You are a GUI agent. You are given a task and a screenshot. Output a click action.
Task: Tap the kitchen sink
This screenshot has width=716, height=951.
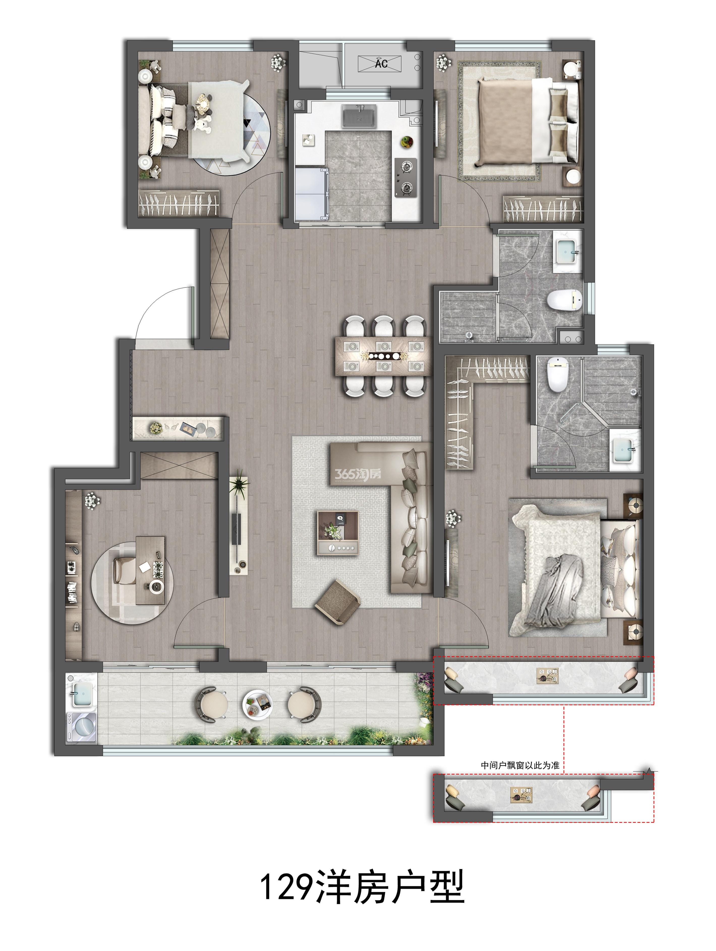(x=359, y=116)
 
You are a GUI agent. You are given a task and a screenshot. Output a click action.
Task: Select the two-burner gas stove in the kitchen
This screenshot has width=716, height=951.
(x=405, y=178)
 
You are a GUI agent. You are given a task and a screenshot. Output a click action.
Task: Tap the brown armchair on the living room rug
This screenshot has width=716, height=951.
(x=337, y=602)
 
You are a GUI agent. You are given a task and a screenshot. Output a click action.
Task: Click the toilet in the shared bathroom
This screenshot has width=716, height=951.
(x=564, y=300)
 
